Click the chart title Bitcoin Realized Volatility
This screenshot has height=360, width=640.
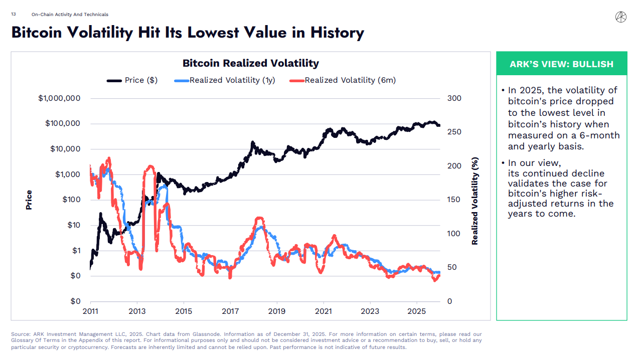(250, 63)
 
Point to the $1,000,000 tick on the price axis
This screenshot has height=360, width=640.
(59, 98)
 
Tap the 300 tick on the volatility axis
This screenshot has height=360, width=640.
(454, 98)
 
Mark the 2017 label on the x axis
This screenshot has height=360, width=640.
(230, 311)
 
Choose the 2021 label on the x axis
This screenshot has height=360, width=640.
(324, 311)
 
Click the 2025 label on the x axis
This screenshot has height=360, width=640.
(417, 311)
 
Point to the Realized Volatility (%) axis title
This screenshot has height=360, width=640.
(475, 201)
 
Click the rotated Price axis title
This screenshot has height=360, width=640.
(29, 200)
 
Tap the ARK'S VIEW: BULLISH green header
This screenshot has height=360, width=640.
(561, 64)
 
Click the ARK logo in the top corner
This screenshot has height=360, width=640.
(620, 17)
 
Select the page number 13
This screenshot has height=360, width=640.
(13, 15)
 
